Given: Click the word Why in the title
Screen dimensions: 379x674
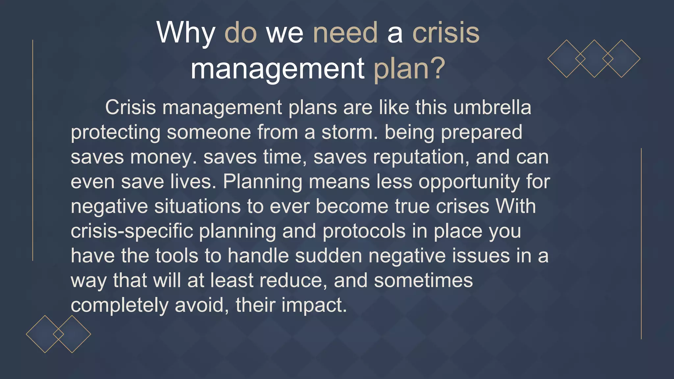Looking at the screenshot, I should [x=186, y=33].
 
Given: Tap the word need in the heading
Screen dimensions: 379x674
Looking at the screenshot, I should [x=345, y=33].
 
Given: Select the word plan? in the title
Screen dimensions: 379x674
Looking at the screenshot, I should [x=409, y=69].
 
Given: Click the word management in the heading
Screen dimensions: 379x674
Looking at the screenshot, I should [x=277, y=69].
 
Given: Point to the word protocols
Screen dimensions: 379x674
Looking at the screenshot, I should [x=364, y=231].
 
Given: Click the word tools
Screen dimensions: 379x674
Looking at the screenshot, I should [x=177, y=256].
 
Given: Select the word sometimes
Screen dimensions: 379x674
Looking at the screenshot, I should [x=423, y=281].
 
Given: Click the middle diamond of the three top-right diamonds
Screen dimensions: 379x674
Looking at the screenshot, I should [x=594, y=59].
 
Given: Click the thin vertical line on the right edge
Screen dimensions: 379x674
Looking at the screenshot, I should [x=641, y=243].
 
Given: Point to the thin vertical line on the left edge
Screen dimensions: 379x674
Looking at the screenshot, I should [x=33, y=150].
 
